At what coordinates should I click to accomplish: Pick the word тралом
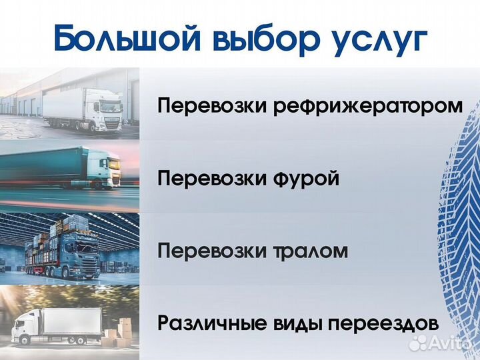click(310, 251)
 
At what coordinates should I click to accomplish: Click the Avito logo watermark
click(443, 343)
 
